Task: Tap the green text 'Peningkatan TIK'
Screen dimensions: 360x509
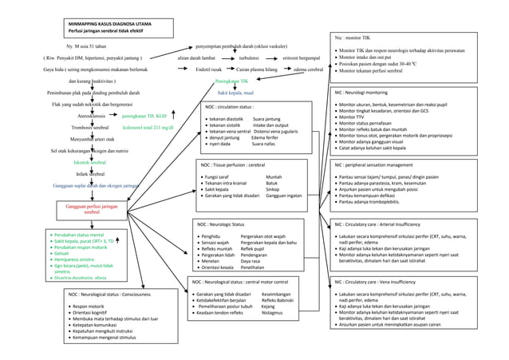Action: (231, 81)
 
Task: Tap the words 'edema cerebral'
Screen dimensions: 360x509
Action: (308, 69)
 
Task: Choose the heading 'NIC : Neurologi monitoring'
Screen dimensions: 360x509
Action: (366, 93)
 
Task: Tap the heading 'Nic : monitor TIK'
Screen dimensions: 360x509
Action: (353, 38)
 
